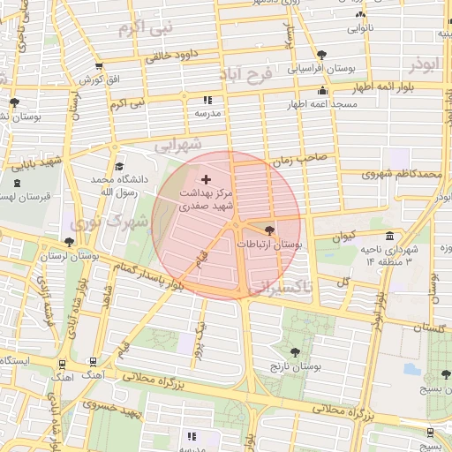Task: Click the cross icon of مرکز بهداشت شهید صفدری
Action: pyautogui.click(x=207, y=179)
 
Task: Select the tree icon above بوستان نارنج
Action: pyautogui.click(x=294, y=351)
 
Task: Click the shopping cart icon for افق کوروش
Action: pyautogui.click(x=98, y=67)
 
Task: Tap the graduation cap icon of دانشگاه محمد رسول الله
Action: pyautogui.click(x=119, y=167)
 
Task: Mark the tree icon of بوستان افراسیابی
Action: pyautogui.click(x=320, y=54)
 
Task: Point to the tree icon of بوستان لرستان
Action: pyautogui.click(x=69, y=242)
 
